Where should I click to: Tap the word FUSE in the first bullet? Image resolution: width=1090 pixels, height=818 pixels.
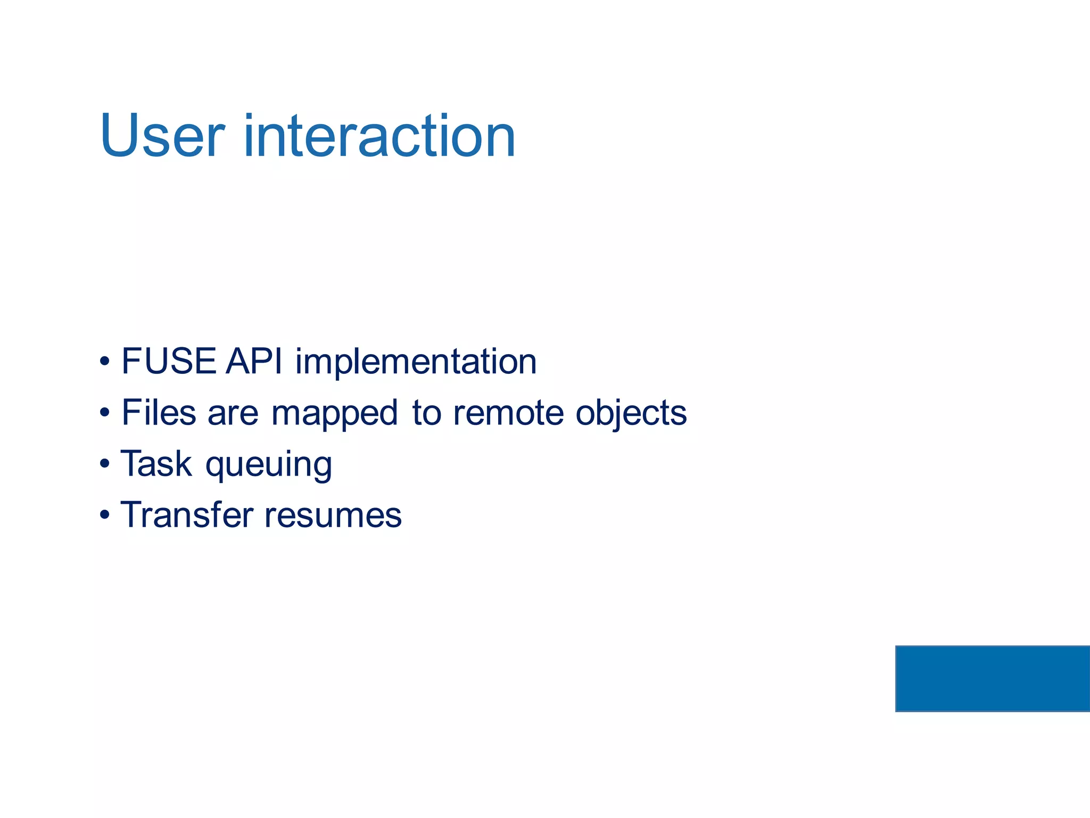coord(169,362)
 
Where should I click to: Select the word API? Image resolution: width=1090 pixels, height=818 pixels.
coord(253,362)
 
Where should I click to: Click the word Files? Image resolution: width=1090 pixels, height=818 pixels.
coord(159,413)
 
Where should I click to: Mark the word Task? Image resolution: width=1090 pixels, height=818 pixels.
coord(156,464)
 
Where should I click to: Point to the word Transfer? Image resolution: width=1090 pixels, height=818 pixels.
coord(187,515)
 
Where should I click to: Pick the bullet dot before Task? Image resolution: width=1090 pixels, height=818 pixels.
coord(105,464)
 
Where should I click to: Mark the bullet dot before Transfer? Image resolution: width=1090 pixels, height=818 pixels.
coord(105,516)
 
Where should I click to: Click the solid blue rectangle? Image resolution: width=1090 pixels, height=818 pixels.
coord(992,678)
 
